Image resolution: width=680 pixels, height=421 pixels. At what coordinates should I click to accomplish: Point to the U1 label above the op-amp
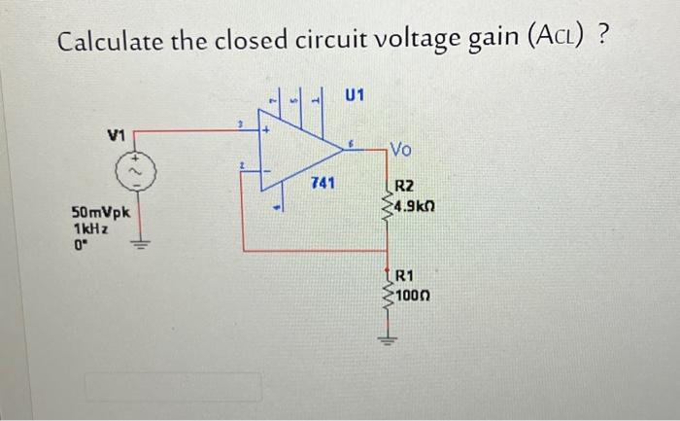click(355, 94)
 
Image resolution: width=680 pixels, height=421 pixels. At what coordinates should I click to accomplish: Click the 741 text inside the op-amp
click(323, 183)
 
